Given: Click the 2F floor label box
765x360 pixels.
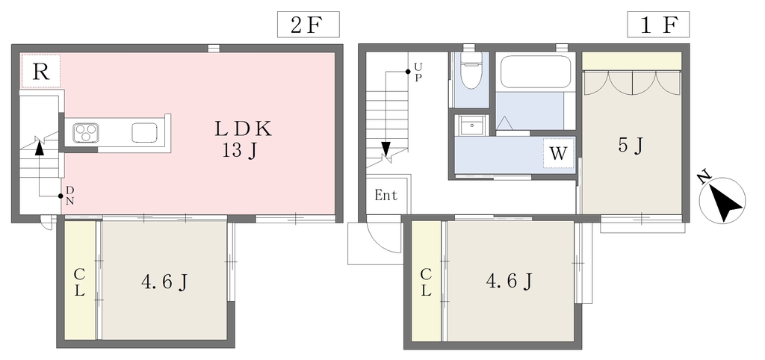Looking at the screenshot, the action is (x=308, y=25).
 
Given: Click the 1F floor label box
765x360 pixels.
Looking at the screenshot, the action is (x=658, y=25).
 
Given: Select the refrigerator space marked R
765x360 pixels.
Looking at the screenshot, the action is (x=41, y=71).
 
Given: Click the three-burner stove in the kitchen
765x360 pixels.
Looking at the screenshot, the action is (x=86, y=133).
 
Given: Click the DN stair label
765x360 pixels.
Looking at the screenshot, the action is (x=69, y=195).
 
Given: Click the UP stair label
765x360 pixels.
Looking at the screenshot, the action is (x=418, y=72).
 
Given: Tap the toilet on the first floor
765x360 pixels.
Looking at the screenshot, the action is (x=471, y=70).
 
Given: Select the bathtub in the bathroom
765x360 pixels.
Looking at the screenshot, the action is (x=535, y=72).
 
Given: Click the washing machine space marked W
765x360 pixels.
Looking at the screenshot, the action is (x=558, y=153).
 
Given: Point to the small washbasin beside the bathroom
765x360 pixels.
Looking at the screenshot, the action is (x=471, y=125).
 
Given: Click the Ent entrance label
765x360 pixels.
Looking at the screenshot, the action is (x=386, y=196).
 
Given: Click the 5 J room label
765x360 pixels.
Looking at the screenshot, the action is (x=631, y=145).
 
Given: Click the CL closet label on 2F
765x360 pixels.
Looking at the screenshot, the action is (x=79, y=283).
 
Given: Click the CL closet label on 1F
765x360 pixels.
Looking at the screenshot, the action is (x=426, y=283).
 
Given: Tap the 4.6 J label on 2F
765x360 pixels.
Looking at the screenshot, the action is (x=165, y=282).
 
